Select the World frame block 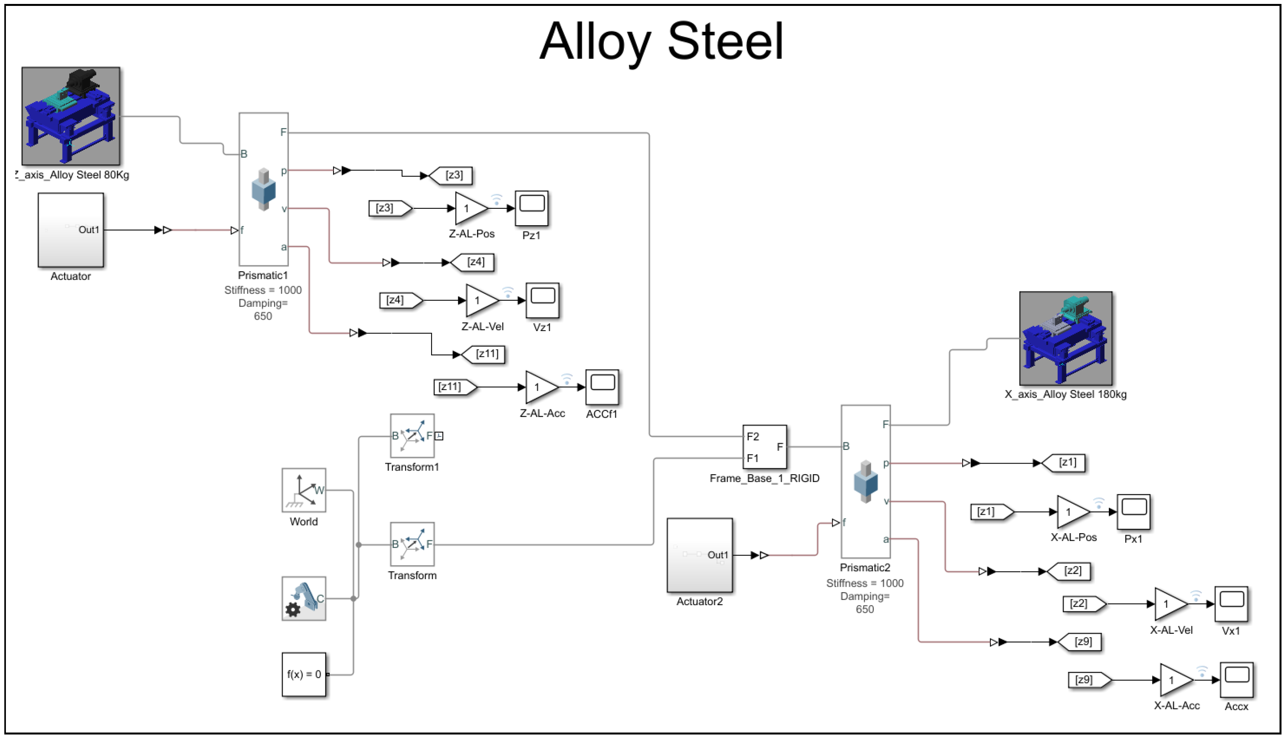tap(304, 490)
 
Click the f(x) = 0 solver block tap(304, 674)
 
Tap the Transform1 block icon tap(412, 436)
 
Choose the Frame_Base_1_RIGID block tap(765, 447)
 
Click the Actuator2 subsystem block tap(699, 555)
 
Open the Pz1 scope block tap(532, 208)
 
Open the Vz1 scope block tap(542, 300)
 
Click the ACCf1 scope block tap(602, 387)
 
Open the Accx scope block tap(1237, 680)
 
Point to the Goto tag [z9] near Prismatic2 tap(1079, 642)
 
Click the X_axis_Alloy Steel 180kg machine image tap(1066, 338)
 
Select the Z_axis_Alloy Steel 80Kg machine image tap(71, 116)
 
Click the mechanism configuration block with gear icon tap(304, 598)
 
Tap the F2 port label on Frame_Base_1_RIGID tap(753, 436)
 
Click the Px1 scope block tap(1134, 512)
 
